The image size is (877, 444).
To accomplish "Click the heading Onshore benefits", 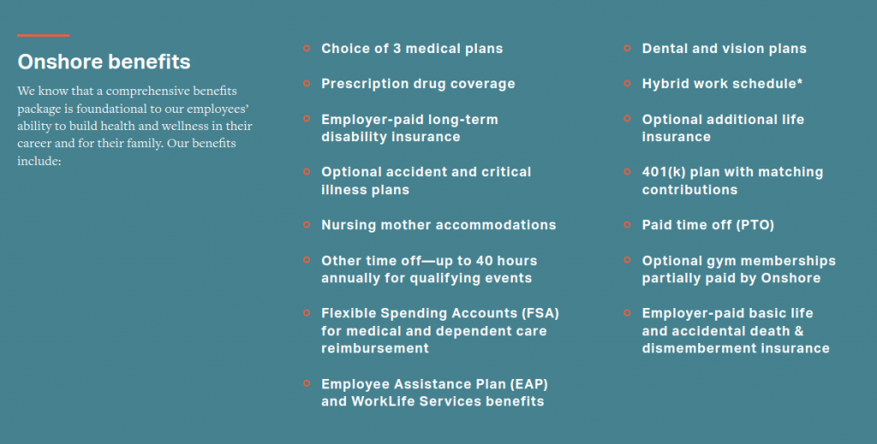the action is (104, 62).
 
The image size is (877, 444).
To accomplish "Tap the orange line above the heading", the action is (43, 35).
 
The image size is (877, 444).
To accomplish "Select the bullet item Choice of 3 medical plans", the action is (412, 49).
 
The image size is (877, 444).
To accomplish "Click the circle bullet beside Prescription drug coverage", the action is (307, 84).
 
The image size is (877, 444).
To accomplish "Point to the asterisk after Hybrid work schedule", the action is (800, 81).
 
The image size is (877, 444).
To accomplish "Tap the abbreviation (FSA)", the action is (540, 313).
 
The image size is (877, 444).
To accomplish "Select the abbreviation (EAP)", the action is (528, 384).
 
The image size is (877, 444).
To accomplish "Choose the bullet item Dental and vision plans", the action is (725, 49).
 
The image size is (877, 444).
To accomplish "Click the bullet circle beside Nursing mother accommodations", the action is (307, 225).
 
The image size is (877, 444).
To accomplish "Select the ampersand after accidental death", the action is (799, 331).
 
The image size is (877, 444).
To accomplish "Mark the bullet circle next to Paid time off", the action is (627, 225).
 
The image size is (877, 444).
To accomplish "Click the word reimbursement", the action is (375, 348).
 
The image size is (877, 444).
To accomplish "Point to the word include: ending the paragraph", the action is (39, 161).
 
